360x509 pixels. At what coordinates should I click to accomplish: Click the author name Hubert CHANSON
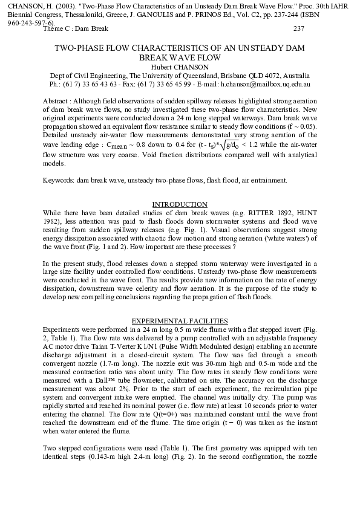pyautogui.click(x=180, y=66)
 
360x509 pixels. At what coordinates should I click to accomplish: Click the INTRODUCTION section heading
pyautogui.click(x=180, y=204)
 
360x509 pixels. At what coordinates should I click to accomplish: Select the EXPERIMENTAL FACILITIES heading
pyautogui.click(x=180, y=320)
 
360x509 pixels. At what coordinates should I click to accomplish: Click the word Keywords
pyautogui.click(x=58, y=180)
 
